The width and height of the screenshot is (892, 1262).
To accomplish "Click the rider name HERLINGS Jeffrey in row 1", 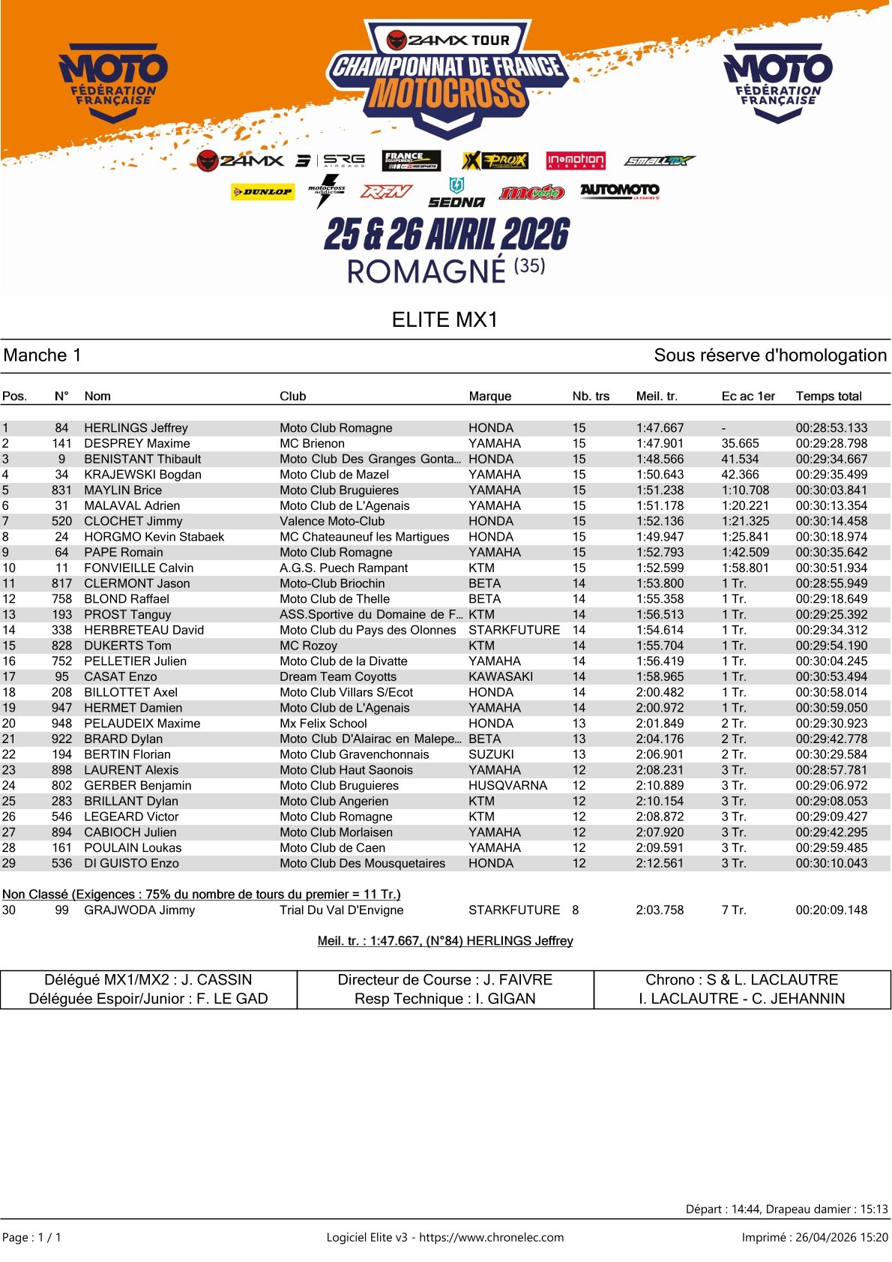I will pos(136,427).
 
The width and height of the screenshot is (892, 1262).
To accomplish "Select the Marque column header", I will pos(489,396).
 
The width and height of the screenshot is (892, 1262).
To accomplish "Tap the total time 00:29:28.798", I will pos(831,443).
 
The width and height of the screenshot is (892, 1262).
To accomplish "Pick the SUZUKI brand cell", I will pos(491,754).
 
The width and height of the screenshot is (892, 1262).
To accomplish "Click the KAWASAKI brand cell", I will pos(501,676).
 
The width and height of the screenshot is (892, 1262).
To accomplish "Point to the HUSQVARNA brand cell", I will pos(507,785).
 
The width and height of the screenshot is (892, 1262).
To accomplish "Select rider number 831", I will pos(61,490).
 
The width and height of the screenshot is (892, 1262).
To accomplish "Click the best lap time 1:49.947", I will pos(660,537).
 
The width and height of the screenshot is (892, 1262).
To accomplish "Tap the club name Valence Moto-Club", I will pos(332,521).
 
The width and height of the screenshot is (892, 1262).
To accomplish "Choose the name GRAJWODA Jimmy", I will pos(139,910).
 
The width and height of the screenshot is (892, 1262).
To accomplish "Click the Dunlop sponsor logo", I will pos(262,192).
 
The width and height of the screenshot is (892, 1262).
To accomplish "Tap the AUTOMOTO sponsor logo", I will pos(619,190).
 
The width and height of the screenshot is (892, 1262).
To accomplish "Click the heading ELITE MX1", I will pos(445,319).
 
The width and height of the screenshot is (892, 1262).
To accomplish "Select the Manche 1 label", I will pos(43,355).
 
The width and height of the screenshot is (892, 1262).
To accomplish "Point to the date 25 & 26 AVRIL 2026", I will pos(447,235).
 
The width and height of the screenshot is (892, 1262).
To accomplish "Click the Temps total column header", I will pos(828,396).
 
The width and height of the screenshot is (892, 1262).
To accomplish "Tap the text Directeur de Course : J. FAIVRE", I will pos(445,979).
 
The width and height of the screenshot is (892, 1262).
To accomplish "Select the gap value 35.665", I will pos(740,443).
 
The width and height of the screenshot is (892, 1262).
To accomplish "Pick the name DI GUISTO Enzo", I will pos(131,863).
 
